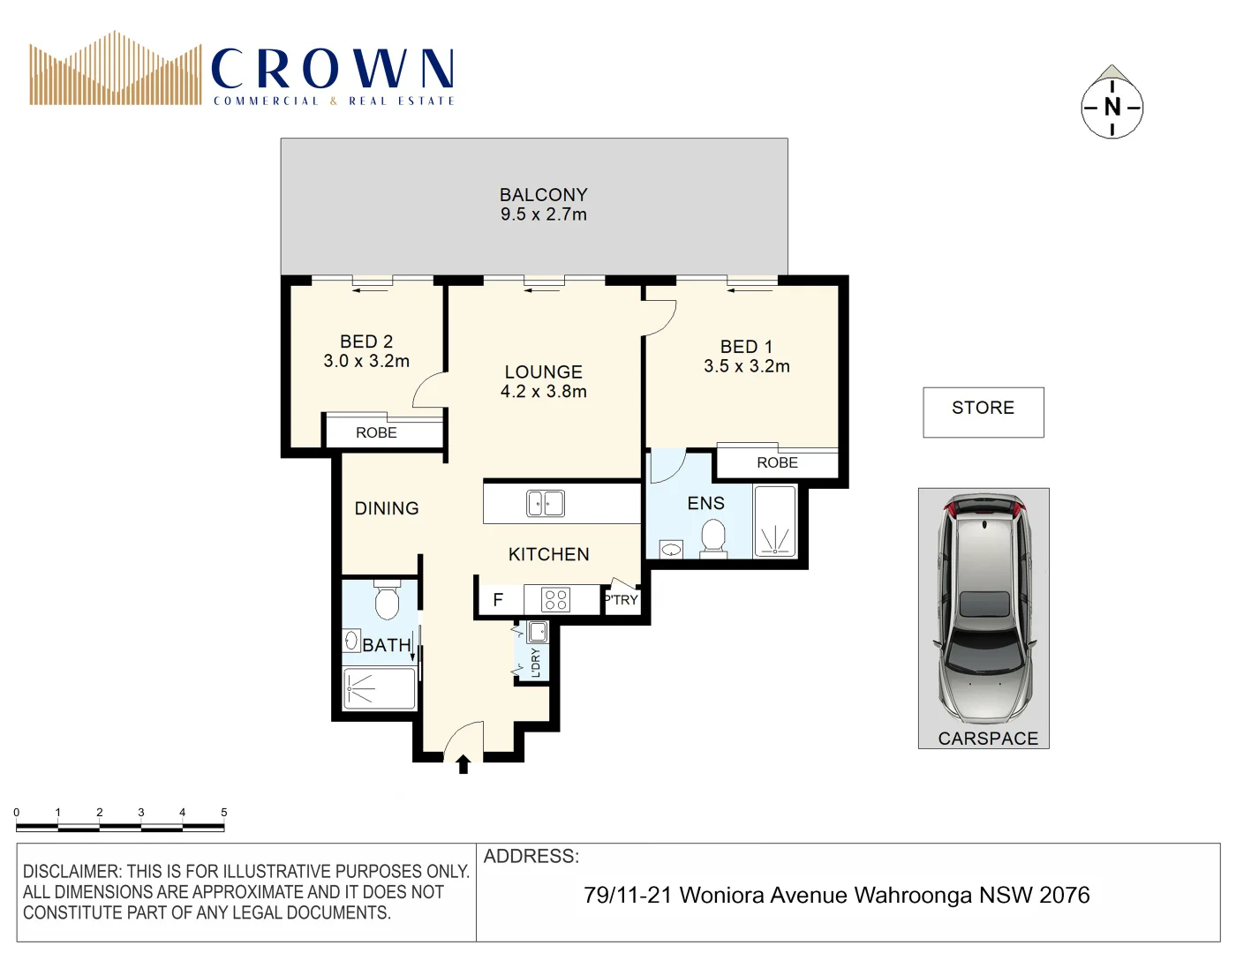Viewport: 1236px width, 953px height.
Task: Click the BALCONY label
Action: click(x=543, y=195)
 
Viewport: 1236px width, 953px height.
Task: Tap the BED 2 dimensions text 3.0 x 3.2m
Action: click(x=366, y=361)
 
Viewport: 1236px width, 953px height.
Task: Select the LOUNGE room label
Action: click(x=543, y=372)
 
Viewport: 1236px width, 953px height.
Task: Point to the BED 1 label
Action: click(x=746, y=347)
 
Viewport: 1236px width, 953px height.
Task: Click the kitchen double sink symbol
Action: click(x=546, y=503)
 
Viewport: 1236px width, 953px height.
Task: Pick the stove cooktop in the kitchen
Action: click(x=555, y=600)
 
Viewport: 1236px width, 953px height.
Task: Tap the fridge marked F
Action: click(x=498, y=600)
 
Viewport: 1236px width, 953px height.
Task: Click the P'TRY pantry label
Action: click(x=622, y=600)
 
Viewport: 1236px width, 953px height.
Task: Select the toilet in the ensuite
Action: click(x=712, y=537)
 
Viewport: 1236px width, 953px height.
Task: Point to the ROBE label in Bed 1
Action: click(x=777, y=462)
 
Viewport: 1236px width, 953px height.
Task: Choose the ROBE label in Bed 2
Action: click(x=376, y=432)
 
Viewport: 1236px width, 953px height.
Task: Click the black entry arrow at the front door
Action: click(x=463, y=764)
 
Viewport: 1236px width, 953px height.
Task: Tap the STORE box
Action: click(x=983, y=411)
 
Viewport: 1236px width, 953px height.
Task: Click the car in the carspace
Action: click(x=984, y=609)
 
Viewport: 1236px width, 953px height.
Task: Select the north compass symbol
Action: click(x=1112, y=106)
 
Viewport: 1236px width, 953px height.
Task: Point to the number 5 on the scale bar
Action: click(x=223, y=812)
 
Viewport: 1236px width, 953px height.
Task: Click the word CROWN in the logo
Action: click(x=333, y=69)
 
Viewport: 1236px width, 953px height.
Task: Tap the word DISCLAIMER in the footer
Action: click(x=70, y=872)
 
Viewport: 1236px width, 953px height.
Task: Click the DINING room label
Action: click(x=387, y=508)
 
